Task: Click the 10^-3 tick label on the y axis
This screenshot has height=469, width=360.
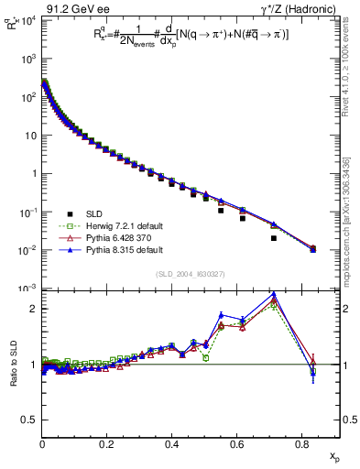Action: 28,289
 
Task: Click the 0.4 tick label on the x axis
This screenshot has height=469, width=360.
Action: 171,442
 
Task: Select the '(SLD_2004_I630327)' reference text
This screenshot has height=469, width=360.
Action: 191,274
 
